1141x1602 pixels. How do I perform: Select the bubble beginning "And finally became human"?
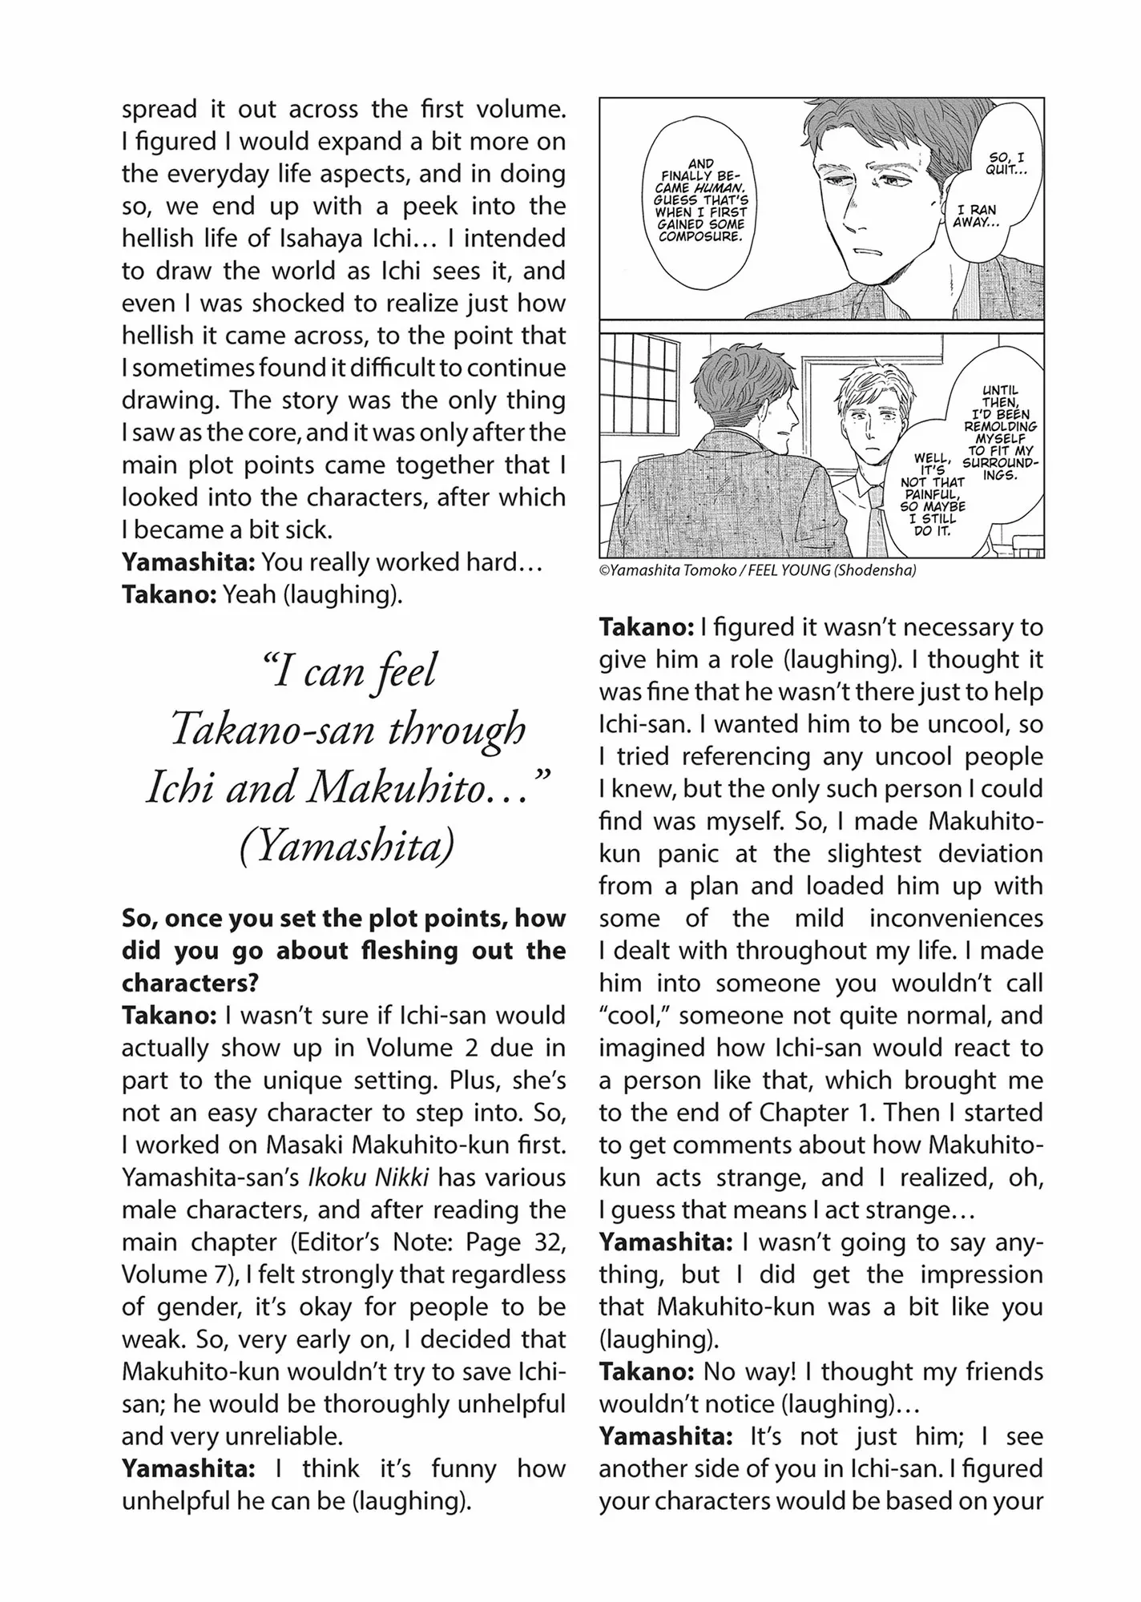[x=700, y=200]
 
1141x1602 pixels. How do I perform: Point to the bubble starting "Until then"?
[x=1000, y=433]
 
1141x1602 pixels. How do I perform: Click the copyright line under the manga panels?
[x=757, y=570]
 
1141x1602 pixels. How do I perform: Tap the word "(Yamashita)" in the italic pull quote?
[x=346, y=846]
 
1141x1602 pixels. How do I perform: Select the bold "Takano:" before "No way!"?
[x=647, y=1372]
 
